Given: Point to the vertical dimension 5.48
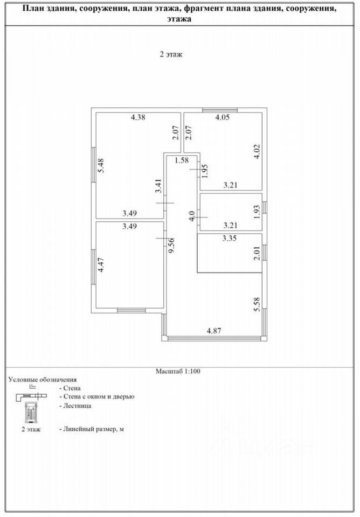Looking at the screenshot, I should [x=101, y=164].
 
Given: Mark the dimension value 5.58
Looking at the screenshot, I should [x=258, y=305].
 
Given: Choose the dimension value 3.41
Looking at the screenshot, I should [x=158, y=186].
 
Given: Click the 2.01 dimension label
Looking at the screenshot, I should [x=258, y=253].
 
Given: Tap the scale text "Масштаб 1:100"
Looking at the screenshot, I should [x=178, y=371].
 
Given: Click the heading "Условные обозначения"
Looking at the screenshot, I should [x=43, y=380].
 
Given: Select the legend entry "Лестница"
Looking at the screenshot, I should [x=72, y=406].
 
